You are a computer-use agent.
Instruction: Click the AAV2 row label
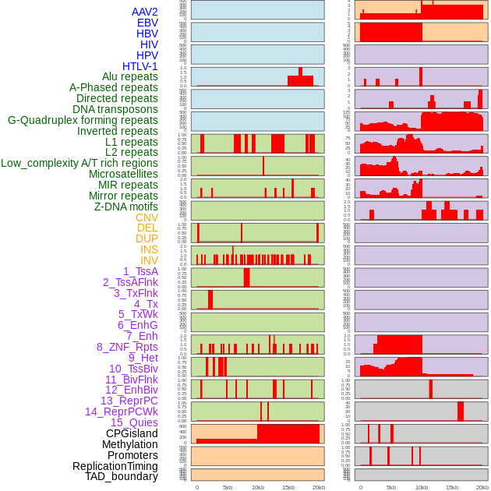[x=145, y=12]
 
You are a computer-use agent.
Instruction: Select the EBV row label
[x=147, y=23]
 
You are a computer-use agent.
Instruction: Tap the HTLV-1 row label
[x=140, y=66]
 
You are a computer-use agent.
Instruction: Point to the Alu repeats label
[x=130, y=76]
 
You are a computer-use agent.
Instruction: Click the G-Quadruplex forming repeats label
[x=83, y=120]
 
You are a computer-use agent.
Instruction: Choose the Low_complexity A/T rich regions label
[x=79, y=163]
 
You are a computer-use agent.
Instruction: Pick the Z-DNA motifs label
[x=126, y=207]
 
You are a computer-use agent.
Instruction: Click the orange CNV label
[x=147, y=217]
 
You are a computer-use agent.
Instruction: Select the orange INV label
[x=149, y=260]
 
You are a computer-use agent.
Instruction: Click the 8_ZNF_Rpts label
[x=127, y=347]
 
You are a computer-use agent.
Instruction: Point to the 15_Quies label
[x=134, y=422]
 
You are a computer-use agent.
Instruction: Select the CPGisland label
[x=132, y=433]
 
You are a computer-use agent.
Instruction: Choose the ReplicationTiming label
[x=115, y=466]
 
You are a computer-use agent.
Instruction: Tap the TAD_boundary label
[x=122, y=476]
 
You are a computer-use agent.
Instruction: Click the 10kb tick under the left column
[x=257, y=487]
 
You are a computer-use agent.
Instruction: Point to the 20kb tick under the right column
[x=482, y=487]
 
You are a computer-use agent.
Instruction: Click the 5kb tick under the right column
[x=391, y=487]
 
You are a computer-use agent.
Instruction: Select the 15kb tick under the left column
[x=288, y=487]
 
